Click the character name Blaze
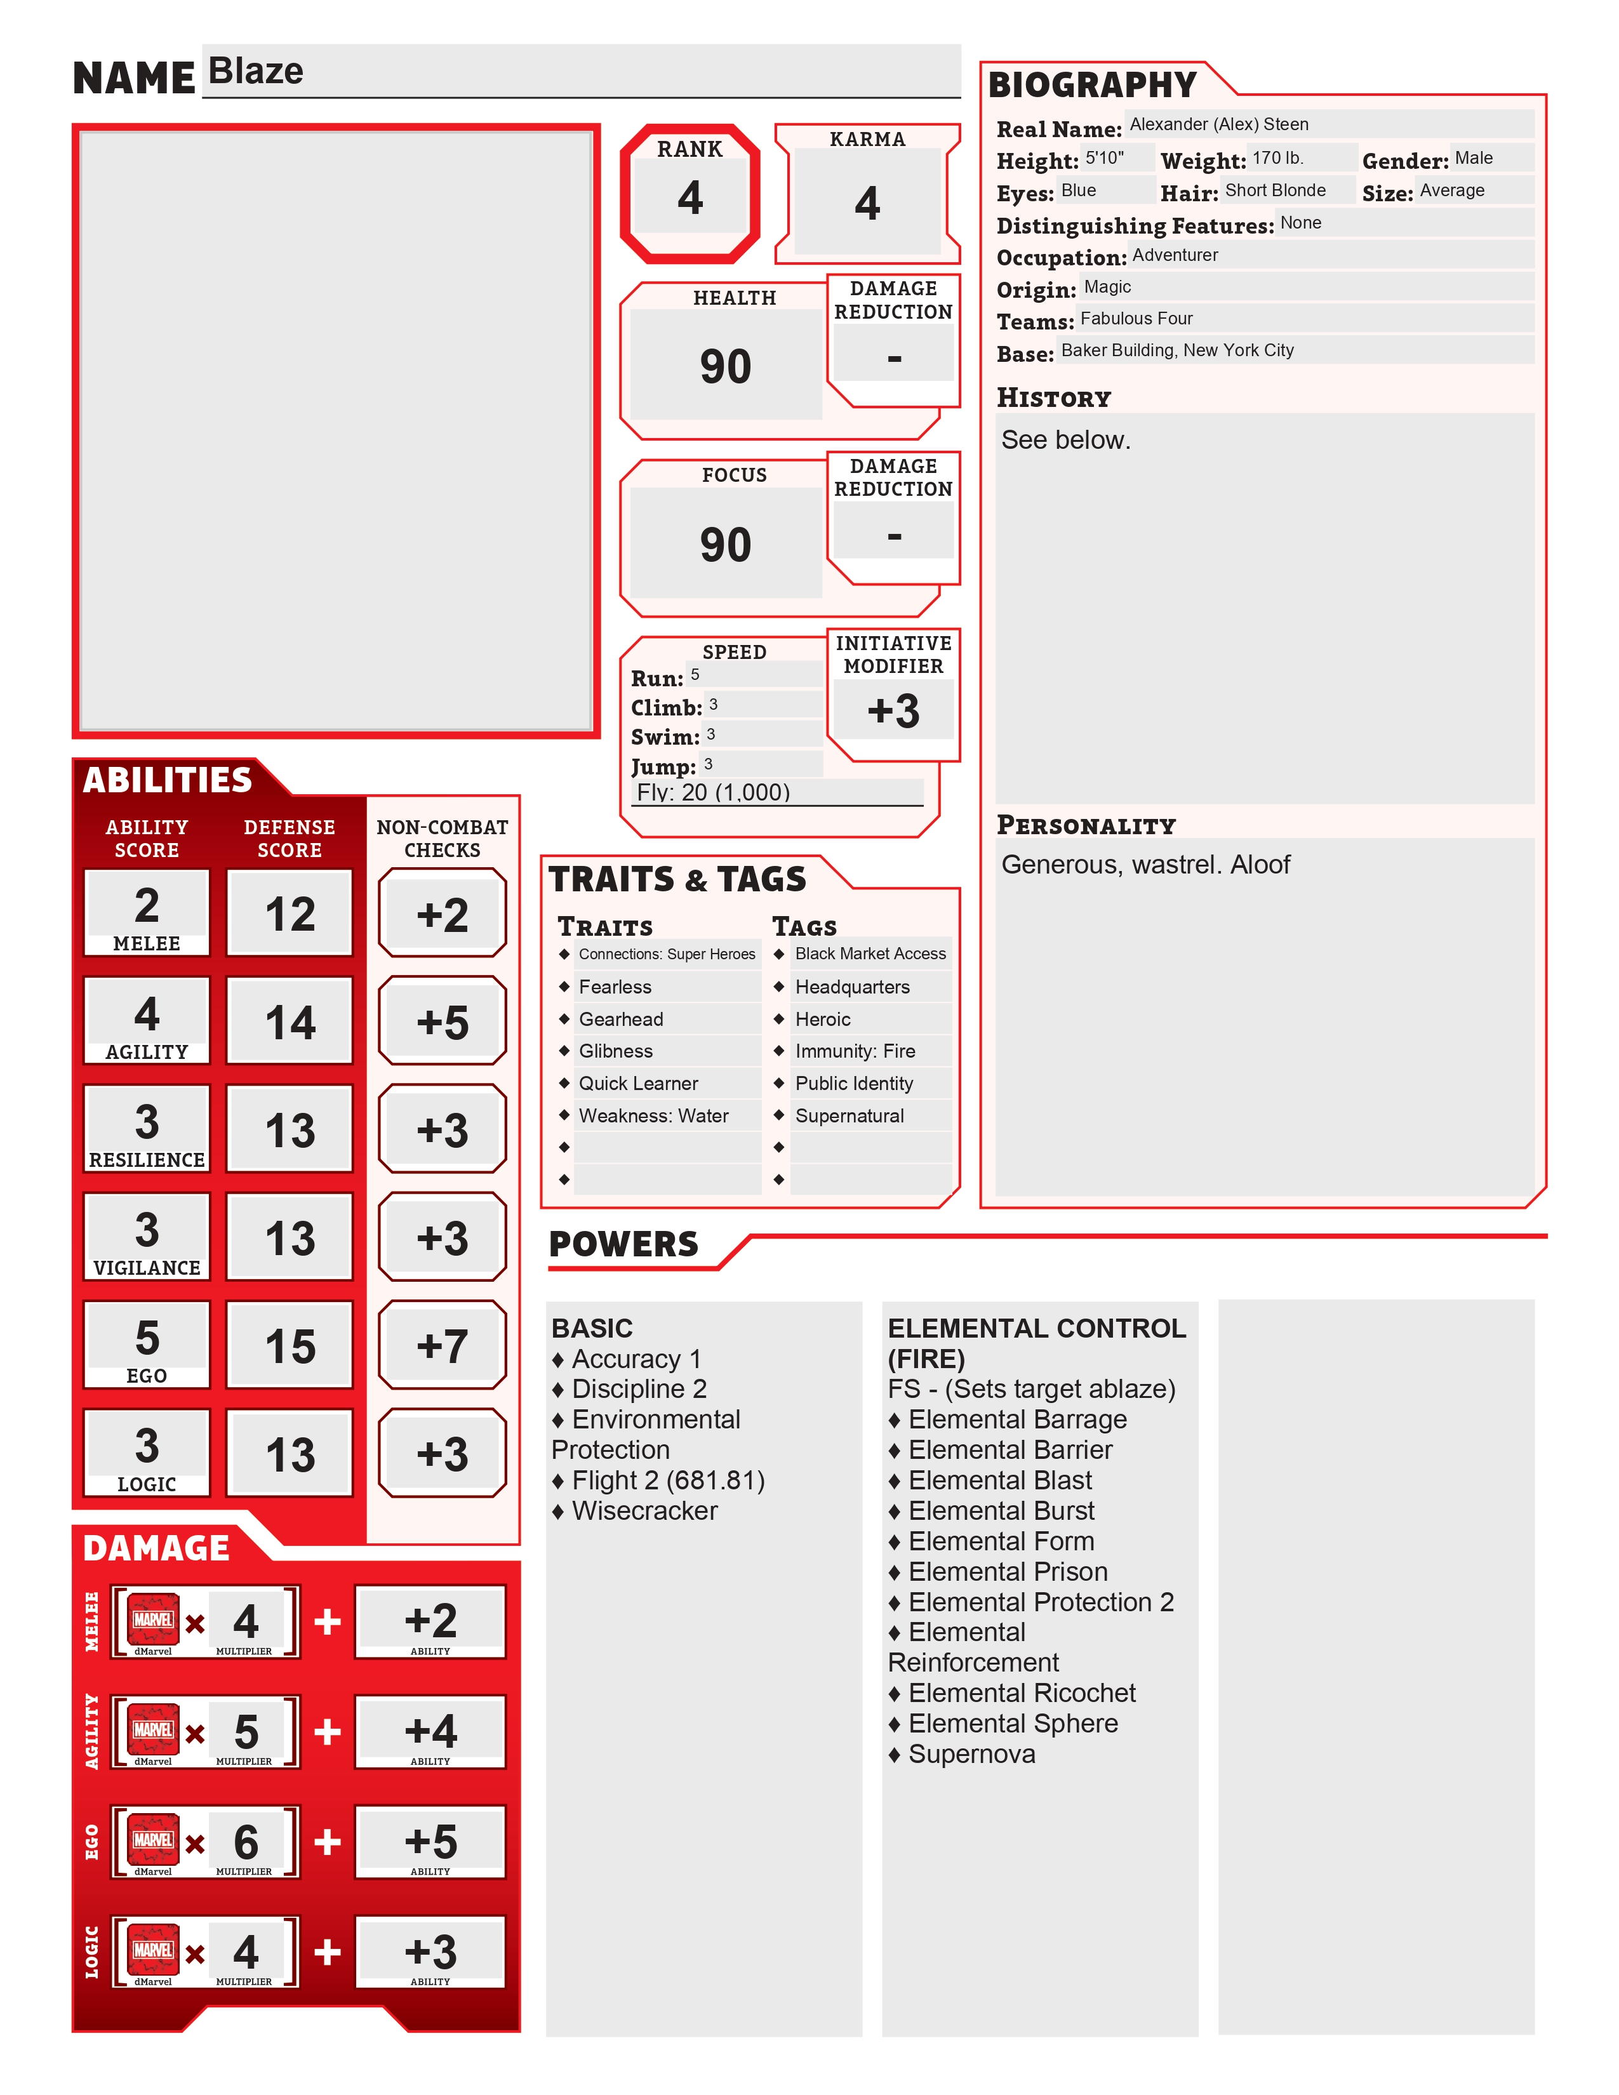tap(256, 72)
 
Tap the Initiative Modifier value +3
tap(893, 712)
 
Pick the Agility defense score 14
tap(290, 1023)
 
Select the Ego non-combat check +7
tap(442, 1346)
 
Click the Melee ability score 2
tap(147, 905)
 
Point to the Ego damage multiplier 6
tap(246, 1842)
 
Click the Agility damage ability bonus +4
tap(430, 1731)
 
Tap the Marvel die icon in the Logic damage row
tap(154, 1951)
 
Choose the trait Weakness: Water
tap(653, 1115)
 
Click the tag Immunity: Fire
tap(855, 1051)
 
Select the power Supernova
tap(971, 1755)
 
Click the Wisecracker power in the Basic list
tap(644, 1511)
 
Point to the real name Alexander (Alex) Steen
tap(1218, 124)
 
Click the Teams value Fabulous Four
tap(1136, 319)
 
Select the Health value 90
tap(725, 366)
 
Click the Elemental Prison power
tap(1008, 1571)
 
